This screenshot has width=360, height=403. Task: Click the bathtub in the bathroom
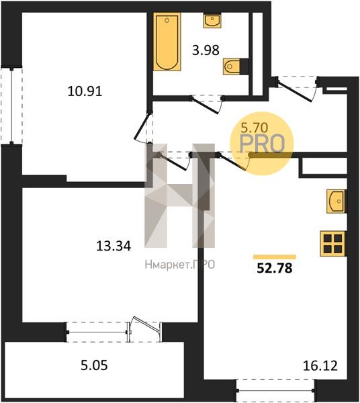pyautogui.click(x=167, y=42)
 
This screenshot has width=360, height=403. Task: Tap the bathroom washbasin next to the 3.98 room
pyautogui.click(x=212, y=20)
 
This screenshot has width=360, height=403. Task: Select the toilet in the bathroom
pyautogui.click(x=232, y=66)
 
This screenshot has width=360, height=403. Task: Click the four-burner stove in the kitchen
pyautogui.click(x=332, y=244)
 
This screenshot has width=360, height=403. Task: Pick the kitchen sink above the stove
pyautogui.click(x=336, y=201)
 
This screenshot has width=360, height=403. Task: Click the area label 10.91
pyautogui.click(x=85, y=91)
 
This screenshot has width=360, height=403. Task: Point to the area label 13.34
pyautogui.click(x=114, y=245)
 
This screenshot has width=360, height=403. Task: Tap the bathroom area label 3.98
pyautogui.click(x=206, y=50)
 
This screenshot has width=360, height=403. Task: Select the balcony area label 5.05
pyautogui.click(x=94, y=365)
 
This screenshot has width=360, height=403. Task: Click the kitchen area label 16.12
pyautogui.click(x=320, y=366)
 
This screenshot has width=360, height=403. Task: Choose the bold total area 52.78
pyautogui.click(x=275, y=268)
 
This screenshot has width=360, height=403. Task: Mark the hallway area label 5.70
pyautogui.click(x=255, y=127)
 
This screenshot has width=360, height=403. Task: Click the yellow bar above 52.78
pyautogui.click(x=275, y=257)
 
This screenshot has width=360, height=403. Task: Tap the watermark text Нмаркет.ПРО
pyautogui.click(x=180, y=265)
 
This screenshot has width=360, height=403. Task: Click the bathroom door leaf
pyautogui.click(x=206, y=105)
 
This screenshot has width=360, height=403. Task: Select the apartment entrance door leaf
pyautogui.click(x=295, y=90)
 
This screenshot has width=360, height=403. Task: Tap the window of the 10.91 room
pyautogui.click(x=11, y=105)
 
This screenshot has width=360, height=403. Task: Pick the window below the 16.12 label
pyautogui.click(x=275, y=391)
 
